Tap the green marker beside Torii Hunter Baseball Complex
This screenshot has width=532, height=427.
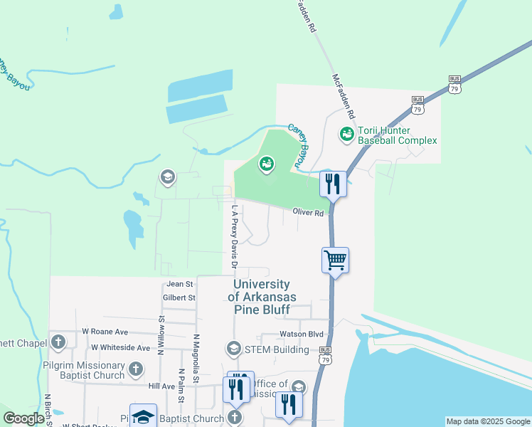(346, 133)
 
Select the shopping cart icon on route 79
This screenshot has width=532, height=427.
(334, 260)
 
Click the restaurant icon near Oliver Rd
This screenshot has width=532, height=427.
(333, 184)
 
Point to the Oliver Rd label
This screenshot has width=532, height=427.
(308, 213)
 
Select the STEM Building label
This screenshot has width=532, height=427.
(276, 349)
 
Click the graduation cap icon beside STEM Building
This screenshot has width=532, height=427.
(233, 349)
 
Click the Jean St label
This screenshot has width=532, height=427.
(180, 284)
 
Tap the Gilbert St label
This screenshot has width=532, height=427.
(179, 297)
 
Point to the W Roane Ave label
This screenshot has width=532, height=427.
(105, 332)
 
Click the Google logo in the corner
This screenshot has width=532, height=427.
(23, 418)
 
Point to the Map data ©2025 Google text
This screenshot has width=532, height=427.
(488, 421)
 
